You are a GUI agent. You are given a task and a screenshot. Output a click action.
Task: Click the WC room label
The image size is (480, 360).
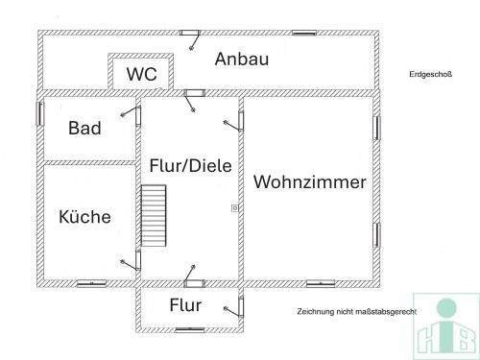pos(142,73)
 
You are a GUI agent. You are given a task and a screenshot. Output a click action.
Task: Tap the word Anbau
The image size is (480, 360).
pos(241,60)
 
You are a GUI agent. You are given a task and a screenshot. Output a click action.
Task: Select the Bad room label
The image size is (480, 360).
pos(84,128)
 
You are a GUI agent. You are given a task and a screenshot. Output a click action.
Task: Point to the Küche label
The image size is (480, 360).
pos(84,216)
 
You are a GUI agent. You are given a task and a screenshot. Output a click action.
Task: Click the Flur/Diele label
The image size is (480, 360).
pos(190,165)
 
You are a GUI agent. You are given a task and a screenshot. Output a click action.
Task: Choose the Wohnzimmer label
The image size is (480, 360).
pos(309,181)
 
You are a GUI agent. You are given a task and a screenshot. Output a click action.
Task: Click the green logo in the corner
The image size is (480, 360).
pos(444,325)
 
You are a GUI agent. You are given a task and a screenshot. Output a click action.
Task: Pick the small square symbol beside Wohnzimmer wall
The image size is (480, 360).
pos(233,206)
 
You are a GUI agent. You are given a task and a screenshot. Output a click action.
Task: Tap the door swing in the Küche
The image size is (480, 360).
pos(125,260)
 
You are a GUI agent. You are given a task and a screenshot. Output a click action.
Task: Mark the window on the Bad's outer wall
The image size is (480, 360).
pos(40,111)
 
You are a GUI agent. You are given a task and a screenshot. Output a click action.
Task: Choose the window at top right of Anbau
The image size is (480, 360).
pos(304,33)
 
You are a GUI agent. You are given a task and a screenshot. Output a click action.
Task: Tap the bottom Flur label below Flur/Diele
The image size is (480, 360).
pos(185,306)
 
